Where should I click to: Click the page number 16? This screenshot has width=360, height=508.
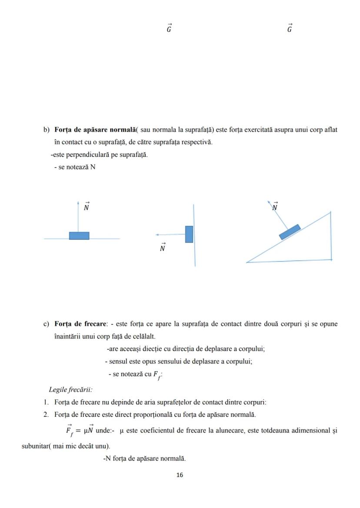click(180, 475)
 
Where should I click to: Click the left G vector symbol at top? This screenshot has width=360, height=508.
click(169, 29)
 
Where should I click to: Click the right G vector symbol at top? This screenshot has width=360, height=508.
click(290, 29)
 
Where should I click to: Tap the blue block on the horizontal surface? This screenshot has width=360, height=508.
click(79, 236)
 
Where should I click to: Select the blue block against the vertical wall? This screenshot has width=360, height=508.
click(189, 234)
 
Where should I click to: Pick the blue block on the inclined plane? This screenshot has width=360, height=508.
click(290, 232)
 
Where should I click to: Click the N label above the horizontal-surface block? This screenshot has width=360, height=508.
click(87, 207)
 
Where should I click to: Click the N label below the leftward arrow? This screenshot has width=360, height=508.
click(162, 248)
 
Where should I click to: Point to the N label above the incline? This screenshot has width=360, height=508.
click(275, 207)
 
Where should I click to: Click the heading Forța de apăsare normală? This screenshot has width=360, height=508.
click(95, 129)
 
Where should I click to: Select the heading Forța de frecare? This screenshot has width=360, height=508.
click(80, 324)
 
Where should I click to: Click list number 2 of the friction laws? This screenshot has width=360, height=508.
click(46, 415)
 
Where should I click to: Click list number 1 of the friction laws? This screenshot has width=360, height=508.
click(46, 402)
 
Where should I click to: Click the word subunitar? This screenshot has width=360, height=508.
click(35, 446)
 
